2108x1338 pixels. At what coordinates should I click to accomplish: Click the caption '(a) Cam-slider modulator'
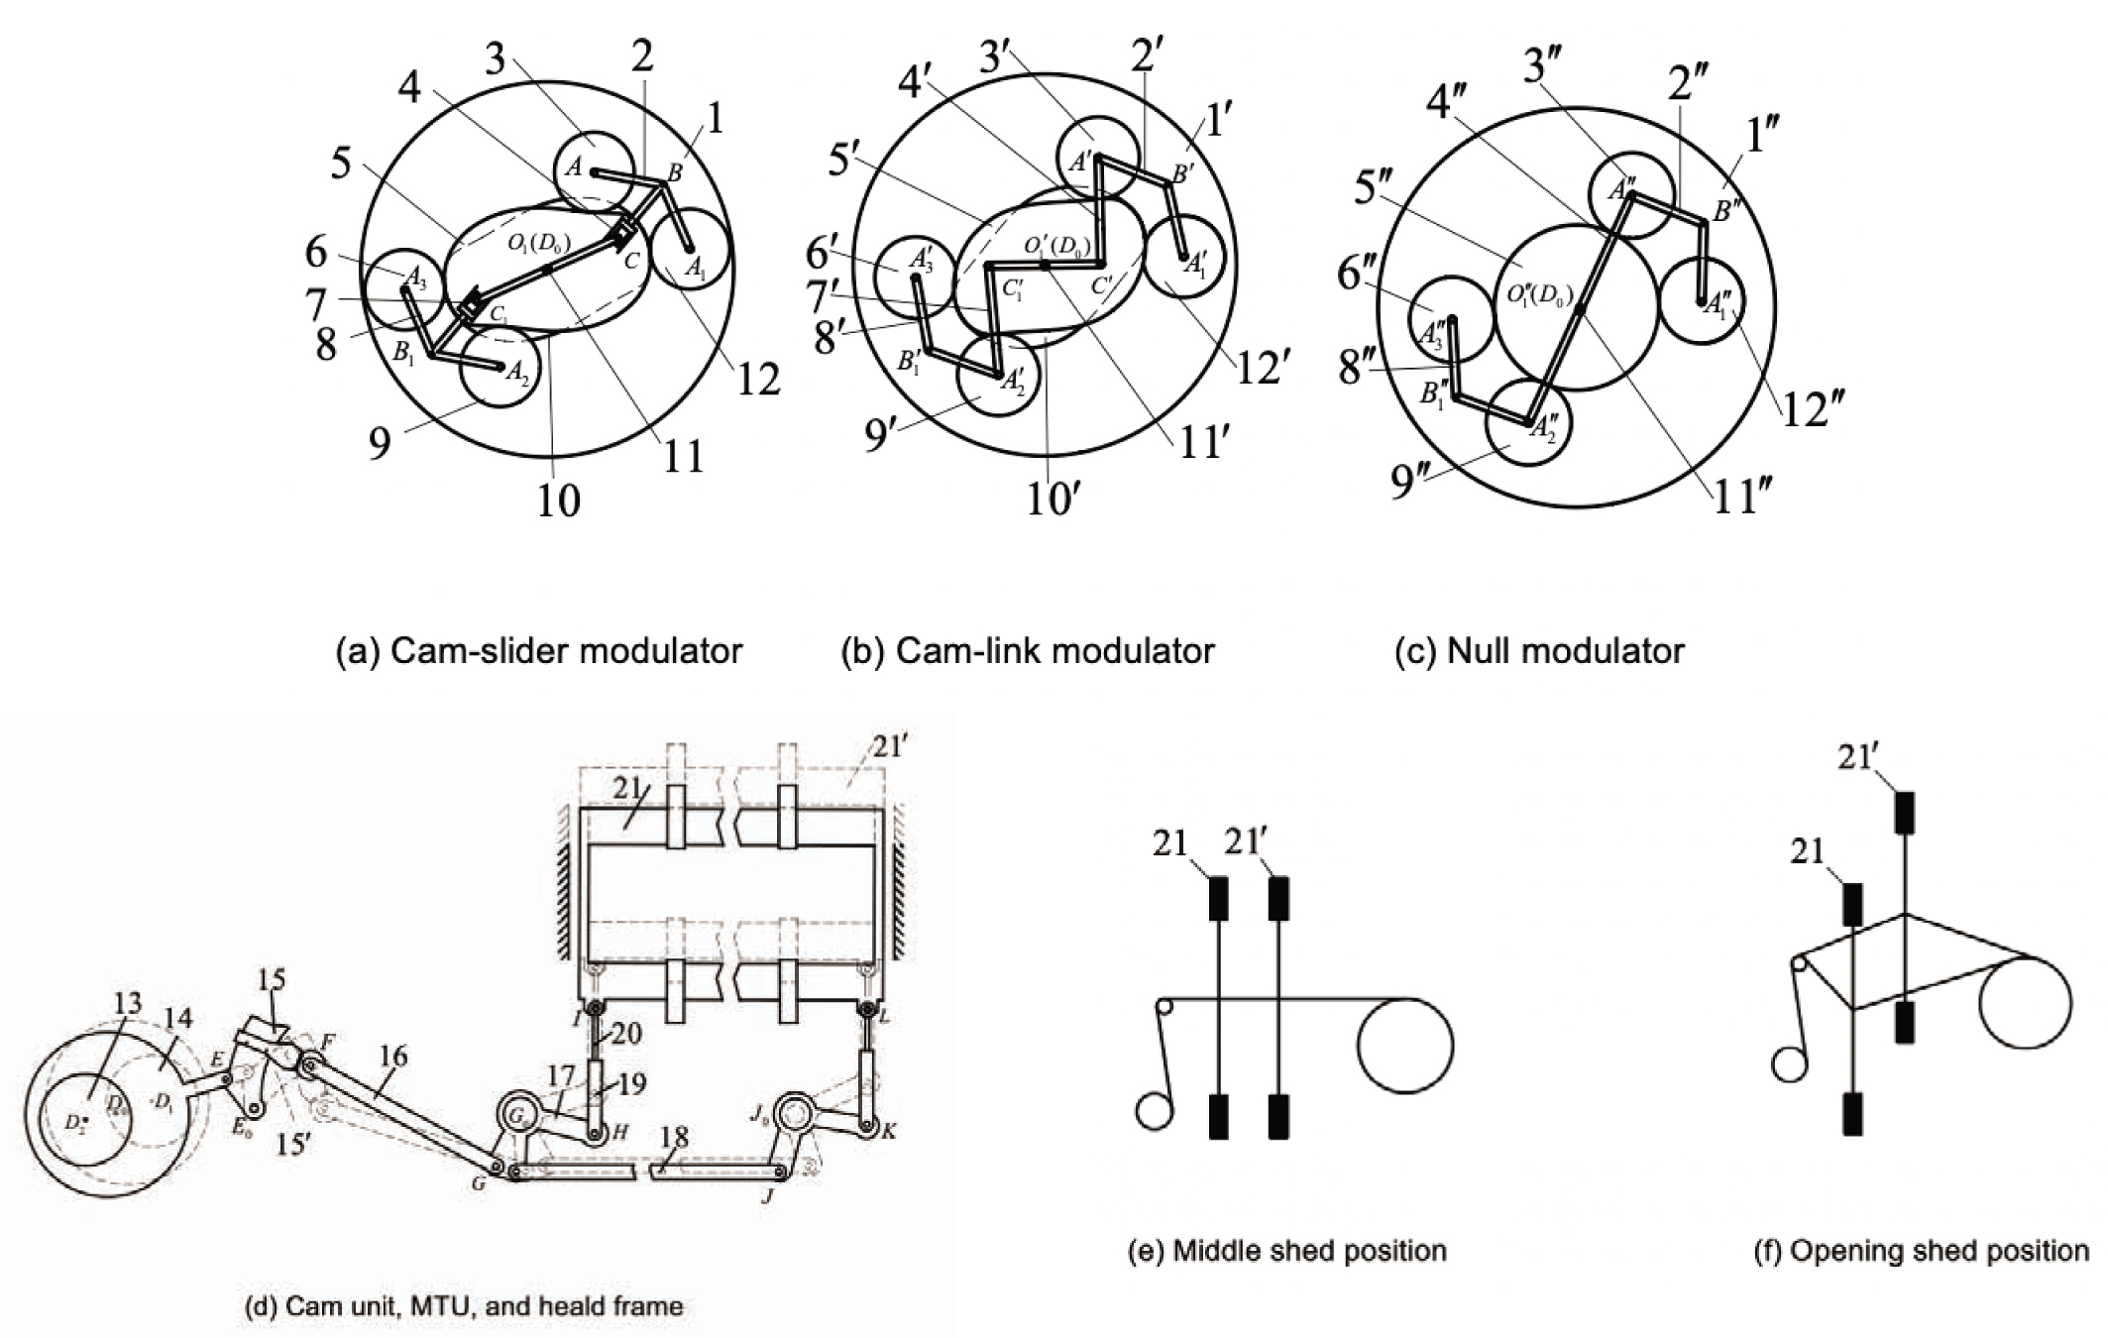539,651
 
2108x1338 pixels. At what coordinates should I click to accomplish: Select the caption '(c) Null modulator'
1539,651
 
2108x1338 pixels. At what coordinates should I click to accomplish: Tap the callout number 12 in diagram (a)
758,380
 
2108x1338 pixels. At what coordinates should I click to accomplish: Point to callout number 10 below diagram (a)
558,501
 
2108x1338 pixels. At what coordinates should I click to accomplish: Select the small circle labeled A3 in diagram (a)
405,287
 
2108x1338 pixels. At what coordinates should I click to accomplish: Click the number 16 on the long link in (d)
393,1057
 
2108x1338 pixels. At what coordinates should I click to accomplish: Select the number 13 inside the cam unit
128,1004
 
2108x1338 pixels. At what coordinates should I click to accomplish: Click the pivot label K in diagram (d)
889,1131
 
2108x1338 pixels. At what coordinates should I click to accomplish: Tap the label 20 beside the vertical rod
625,1034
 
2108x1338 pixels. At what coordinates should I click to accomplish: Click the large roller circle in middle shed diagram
1405,1047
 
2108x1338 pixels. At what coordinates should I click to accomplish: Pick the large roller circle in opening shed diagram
2025,1004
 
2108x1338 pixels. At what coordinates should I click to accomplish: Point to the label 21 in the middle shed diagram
1169,843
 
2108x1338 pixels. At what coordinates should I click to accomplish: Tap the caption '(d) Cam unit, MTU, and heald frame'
464,1306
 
